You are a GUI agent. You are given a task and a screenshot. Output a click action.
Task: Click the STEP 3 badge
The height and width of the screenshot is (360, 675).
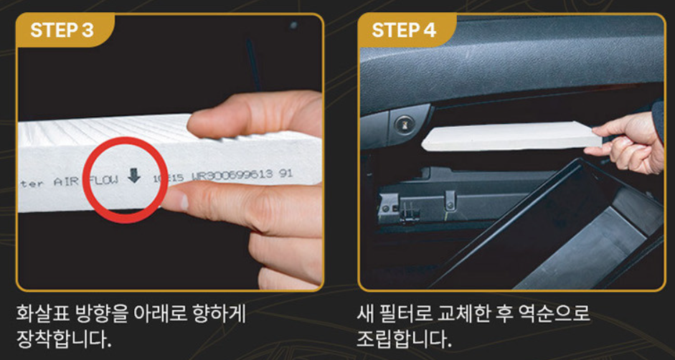pyautogui.click(x=65, y=30)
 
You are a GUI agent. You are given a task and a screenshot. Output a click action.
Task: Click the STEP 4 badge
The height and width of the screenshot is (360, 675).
pyautogui.click(x=407, y=30)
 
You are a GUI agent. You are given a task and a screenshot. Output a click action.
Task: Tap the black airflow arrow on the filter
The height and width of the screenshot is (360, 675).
pyautogui.click(x=134, y=175)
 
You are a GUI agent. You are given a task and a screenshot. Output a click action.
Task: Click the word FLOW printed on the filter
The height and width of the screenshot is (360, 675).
pyautogui.click(x=103, y=179)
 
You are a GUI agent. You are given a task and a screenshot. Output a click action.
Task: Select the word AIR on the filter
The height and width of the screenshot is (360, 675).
pyautogui.click(x=66, y=182)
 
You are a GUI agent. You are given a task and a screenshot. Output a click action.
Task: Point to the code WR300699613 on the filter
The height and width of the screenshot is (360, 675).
pyautogui.click(x=232, y=174)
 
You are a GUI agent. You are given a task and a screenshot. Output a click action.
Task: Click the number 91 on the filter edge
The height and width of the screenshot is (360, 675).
pyautogui.click(x=285, y=173)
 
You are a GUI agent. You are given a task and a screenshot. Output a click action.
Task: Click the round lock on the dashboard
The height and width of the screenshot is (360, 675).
pyautogui.click(x=405, y=125)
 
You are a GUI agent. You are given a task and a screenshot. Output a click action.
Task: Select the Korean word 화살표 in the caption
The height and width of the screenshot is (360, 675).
pyautogui.click(x=40, y=315)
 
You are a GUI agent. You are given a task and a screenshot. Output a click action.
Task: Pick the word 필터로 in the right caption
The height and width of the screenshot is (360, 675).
pyautogui.click(x=407, y=315)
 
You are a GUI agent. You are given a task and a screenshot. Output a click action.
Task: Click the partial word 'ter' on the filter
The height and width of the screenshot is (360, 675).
pyautogui.click(x=32, y=184)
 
